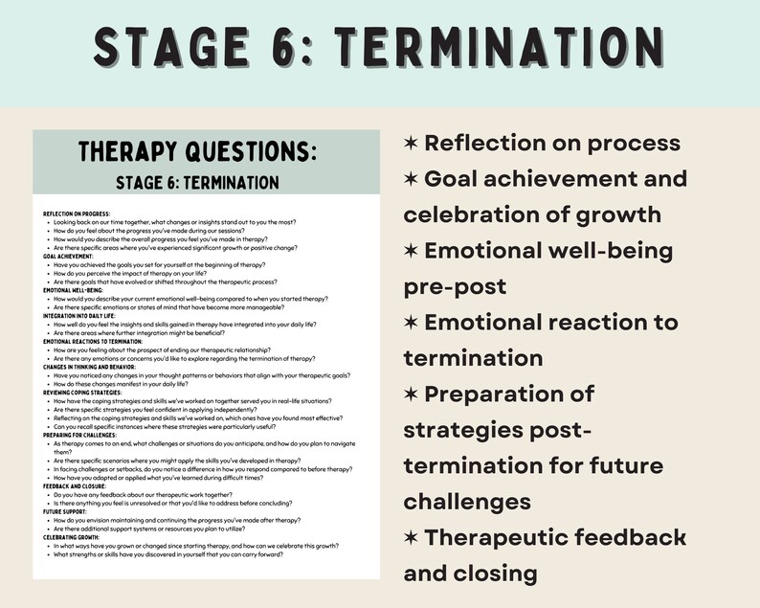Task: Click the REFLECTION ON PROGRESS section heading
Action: click(x=77, y=213)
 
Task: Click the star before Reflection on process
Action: click(x=411, y=144)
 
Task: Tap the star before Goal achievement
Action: click(x=411, y=179)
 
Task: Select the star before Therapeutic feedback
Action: click(x=411, y=538)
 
